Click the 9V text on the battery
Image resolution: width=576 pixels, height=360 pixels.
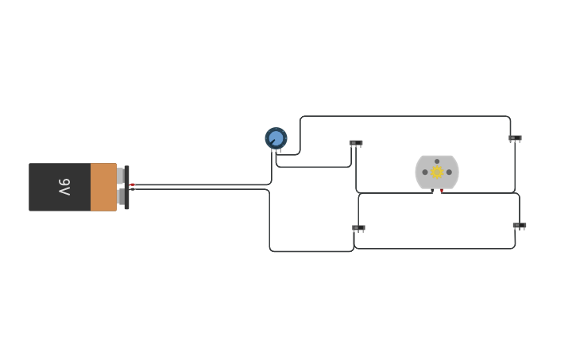pyautogui.click(x=64, y=187)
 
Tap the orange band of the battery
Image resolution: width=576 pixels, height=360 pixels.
pyautogui.click(x=103, y=187)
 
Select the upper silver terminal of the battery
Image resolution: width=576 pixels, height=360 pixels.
pyautogui.click(x=120, y=176)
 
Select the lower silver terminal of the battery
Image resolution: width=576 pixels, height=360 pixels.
pyautogui.click(x=120, y=196)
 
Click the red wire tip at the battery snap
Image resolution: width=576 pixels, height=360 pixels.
pyautogui.click(x=133, y=184)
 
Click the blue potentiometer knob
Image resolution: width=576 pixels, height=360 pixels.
pyautogui.click(x=276, y=138)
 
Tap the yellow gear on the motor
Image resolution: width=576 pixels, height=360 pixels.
pyautogui.click(x=437, y=172)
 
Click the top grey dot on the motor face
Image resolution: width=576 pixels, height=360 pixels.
pyautogui.click(x=437, y=161)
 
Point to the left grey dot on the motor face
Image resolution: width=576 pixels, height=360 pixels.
pyautogui.click(x=425, y=172)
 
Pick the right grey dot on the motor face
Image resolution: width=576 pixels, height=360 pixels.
pyautogui.click(x=449, y=172)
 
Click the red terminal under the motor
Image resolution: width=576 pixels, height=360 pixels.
pyautogui.click(x=442, y=191)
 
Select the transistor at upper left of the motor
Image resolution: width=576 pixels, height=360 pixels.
pyautogui.click(x=355, y=143)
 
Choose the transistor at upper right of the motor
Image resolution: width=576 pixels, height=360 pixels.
pyautogui.click(x=515, y=138)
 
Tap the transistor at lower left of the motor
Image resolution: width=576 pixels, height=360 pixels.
pyautogui.click(x=358, y=228)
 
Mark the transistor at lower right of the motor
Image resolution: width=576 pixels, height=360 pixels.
pyautogui.click(x=519, y=226)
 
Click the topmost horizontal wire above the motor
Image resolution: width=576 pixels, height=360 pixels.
pyautogui.click(x=405, y=116)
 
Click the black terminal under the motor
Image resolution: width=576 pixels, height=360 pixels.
pyautogui.click(x=432, y=191)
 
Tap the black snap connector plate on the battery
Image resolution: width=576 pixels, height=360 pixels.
pyautogui.click(x=126, y=188)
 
